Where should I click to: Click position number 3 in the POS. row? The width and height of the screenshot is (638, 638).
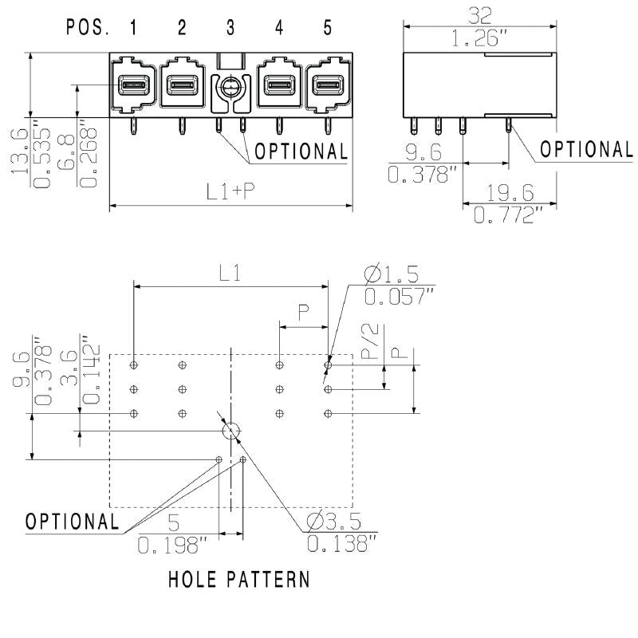click(x=230, y=29)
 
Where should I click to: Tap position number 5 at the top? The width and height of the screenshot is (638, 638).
click(x=328, y=29)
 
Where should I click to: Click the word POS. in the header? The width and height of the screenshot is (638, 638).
click(x=89, y=29)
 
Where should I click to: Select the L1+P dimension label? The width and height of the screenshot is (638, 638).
click(x=230, y=191)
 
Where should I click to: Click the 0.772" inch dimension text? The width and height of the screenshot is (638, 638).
click(x=508, y=214)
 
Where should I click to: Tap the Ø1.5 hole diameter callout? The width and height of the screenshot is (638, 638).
click(x=391, y=275)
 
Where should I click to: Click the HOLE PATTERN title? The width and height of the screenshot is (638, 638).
click(x=239, y=578)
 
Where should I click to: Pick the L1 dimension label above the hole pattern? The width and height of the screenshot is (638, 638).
click(x=230, y=273)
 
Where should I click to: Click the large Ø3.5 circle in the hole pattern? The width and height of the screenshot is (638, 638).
click(x=230, y=431)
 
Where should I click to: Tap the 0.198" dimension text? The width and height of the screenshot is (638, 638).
click(x=173, y=545)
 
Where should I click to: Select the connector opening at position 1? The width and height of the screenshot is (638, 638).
click(x=132, y=83)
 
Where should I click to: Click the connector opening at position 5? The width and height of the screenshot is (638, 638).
click(x=327, y=83)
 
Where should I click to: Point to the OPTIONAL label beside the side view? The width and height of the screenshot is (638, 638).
click(x=586, y=149)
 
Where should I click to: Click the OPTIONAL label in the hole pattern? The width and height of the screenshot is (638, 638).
click(x=72, y=522)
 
